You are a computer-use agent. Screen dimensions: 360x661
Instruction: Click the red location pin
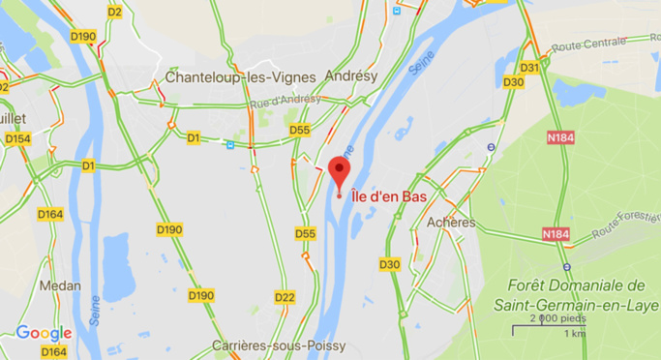(x=339, y=171)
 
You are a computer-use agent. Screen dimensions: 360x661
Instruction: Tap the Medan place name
(x=60, y=285)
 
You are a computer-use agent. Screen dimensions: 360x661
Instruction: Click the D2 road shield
(x=115, y=12)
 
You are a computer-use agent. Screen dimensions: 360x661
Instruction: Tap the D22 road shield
(x=285, y=297)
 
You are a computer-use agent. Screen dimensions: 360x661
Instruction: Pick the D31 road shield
(x=529, y=67)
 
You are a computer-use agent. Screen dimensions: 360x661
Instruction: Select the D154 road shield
(x=17, y=138)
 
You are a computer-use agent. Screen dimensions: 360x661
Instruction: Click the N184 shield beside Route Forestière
(x=556, y=234)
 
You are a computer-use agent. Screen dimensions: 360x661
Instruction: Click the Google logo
(x=44, y=333)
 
